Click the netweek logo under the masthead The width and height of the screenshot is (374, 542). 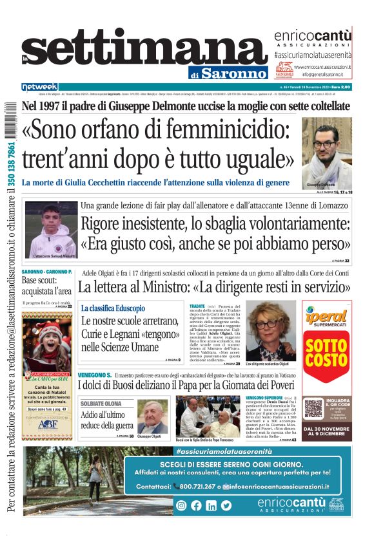pos(39,86)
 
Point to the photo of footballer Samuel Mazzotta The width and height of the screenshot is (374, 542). pos(51,229)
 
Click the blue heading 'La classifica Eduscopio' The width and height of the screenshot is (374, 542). pos(113,308)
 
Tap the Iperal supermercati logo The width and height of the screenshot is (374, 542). pos(326,317)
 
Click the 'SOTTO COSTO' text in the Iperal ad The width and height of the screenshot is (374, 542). pos(326,352)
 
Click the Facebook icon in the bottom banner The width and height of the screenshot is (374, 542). pos(196,505)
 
